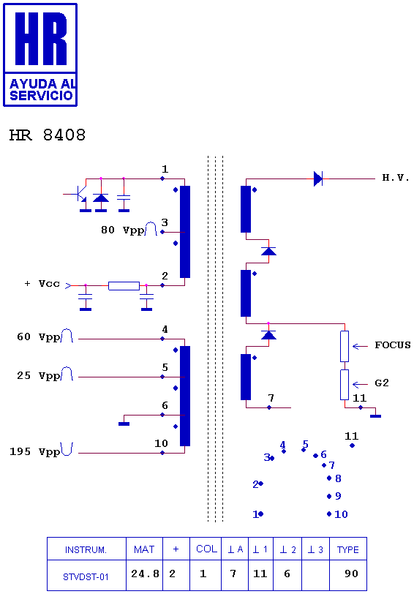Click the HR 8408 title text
coord(48,135)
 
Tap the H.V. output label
coord(396,178)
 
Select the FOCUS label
coord(392,345)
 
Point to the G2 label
coord(381,383)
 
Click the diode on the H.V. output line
coord(318,178)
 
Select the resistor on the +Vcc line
coord(124,285)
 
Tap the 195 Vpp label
coord(35,451)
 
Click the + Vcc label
coord(42,284)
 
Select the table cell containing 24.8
coord(144,575)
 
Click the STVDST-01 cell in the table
coord(86,575)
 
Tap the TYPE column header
coord(348,549)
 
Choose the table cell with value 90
coord(348,575)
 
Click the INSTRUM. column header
coord(86,549)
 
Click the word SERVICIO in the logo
coord(41,95)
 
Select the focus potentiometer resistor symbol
coord(345,346)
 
